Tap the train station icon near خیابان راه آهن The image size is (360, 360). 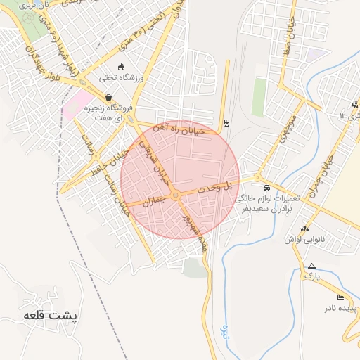pos(226,123)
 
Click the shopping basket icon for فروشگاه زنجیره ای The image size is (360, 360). pos(108,98)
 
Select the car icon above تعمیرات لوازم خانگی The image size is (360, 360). pos(266,188)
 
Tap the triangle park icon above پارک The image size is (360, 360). pos(311,266)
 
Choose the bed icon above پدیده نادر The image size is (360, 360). pos(341,297)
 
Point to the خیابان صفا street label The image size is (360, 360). pos(288,32)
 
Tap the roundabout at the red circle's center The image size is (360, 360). pos(175,195)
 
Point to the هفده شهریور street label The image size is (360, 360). pos(196,231)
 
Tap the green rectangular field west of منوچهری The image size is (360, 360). pos(259,96)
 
